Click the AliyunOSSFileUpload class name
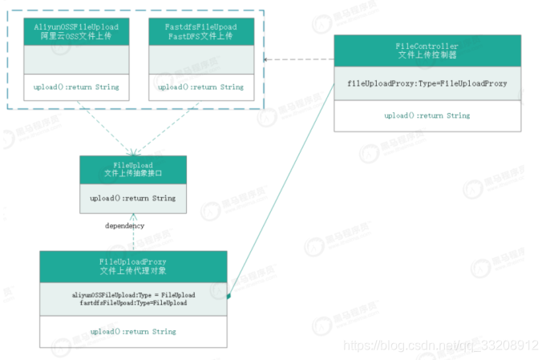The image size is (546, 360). pyautogui.click(x=75, y=26)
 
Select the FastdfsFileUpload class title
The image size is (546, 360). pyautogui.click(x=200, y=26)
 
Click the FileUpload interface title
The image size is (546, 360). pyautogui.click(x=132, y=164)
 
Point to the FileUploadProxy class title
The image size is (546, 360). pyautogui.click(x=132, y=262)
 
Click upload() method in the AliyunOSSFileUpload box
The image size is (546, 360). pyautogui.click(x=75, y=87)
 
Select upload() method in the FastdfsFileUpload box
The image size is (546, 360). pyautogui.click(x=200, y=87)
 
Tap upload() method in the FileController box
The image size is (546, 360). pyautogui.click(x=427, y=115)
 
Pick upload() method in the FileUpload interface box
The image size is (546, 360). pyautogui.click(x=132, y=198)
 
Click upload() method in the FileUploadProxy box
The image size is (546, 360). pyautogui.click(x=132, y=331)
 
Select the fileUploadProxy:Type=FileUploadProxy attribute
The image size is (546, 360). pyautogui.click(x=427, y=83)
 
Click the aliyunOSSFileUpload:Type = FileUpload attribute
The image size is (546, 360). pyautogui.click(x=133, y=294)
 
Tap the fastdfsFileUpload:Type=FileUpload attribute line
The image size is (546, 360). pyautogui.click(x=133, y=303)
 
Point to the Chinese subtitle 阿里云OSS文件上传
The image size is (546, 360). pyautogui.click(x=75, y=37)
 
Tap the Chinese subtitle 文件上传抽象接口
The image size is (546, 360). pyautogui.click(x=132, y=173)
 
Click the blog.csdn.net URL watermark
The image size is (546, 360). pyautogui.click(x=440, y=345)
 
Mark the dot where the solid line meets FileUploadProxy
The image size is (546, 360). pyautogui.click(x=229, y=297)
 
